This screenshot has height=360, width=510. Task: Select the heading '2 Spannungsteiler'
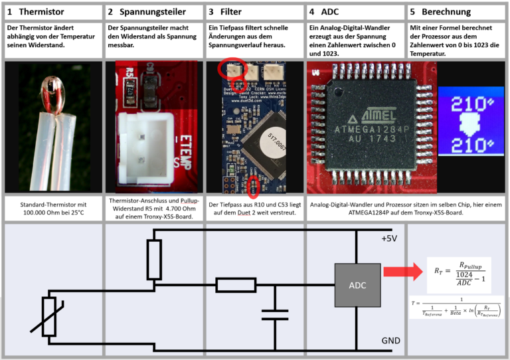146,12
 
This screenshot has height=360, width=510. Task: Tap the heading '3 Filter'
226,12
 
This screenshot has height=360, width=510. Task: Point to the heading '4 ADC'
323,12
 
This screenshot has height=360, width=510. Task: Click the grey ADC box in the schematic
357,285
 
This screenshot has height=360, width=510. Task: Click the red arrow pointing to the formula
405,271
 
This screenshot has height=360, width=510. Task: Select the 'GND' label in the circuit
390,341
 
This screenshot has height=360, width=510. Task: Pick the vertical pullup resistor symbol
154,260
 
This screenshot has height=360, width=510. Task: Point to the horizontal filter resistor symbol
236,285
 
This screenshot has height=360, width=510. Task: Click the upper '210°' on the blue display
472,106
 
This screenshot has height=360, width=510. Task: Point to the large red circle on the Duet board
232,69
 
